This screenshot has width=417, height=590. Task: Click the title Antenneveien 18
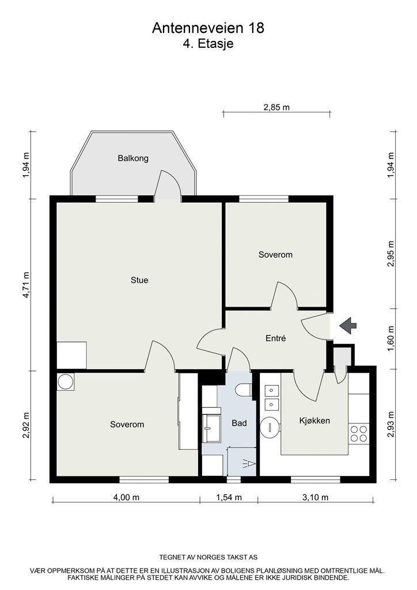tap(208, 28)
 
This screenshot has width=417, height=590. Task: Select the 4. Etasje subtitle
tap(208, 43)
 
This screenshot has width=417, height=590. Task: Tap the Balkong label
tap(133, 158)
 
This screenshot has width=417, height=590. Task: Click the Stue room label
tap(139, 281)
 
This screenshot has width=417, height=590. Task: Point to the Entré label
tap(276, 339)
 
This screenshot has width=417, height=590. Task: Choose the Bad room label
tap(239, 423)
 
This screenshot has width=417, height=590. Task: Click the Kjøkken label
tap(314, 421)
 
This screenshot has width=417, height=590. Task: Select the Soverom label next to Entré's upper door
tap(275, 254)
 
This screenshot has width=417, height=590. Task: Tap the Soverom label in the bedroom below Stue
tap(127, 425)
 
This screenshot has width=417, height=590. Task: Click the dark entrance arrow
tap(347, 326)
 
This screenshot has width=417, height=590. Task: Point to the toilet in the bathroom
tap(244, 390)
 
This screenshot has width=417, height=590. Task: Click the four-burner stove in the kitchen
tap(359, 433)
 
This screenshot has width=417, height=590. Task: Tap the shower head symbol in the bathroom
tap(248, 462)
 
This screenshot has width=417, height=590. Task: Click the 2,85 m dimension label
tap(276, 107)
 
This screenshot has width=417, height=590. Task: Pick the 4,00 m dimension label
tap(126, 498)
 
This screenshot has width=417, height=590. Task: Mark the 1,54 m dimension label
tap(228, 498)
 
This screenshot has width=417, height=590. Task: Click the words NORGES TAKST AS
tap(231, 558)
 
